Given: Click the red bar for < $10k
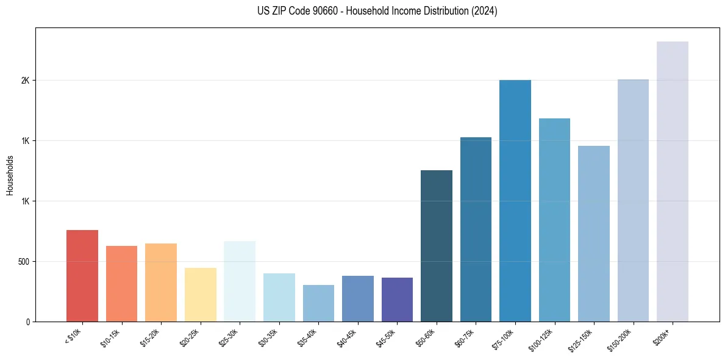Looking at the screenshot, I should pyautogui.click(x=82, y=276).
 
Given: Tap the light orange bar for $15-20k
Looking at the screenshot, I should pyautogui.click(x=161, y=283).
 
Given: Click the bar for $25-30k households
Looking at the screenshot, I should pyautogui.click(x=240, y=281).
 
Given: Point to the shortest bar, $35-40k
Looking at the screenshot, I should pyautogui.click(x=318, y=303).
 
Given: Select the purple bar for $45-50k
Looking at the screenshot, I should pyautogui.click(x=397, y=300).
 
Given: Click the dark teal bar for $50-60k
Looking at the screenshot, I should pyautogui.click(x=437, y=246).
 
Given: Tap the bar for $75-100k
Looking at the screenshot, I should pyautogui.click(x=515, y=201).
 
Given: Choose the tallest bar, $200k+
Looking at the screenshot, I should pyautogui.click(x=673, y=181).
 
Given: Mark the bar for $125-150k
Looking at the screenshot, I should pyautogui.click(x=594, y=234).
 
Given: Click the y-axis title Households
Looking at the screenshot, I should pyautogui.click(x=10, y=175).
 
